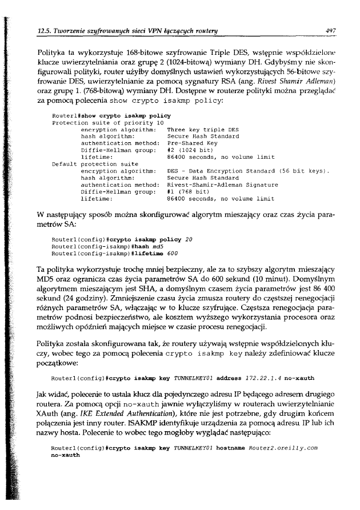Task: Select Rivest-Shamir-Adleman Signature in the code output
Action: point(222,184)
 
